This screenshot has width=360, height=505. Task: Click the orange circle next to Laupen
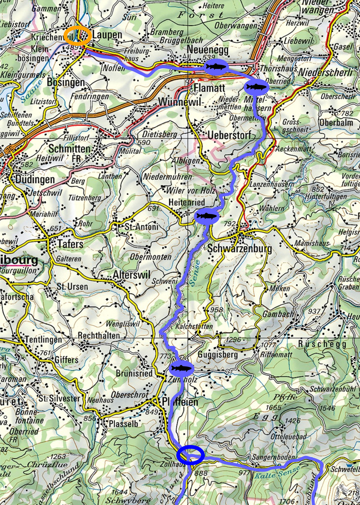(77, 36)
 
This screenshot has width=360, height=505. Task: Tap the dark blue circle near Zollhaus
(190, 455)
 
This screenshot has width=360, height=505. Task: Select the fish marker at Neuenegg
(216, 67)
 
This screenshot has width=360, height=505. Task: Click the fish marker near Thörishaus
(256, 87)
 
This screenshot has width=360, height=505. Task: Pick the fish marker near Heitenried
(207, 216)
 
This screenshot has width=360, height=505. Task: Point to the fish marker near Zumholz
(181, 368)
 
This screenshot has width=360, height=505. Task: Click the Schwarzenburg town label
(239, 248)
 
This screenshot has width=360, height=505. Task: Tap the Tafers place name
(70, 244)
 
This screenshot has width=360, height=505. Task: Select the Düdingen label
(35, 179)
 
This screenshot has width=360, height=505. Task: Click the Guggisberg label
(217, 355)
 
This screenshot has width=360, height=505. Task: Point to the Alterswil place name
(131, 275)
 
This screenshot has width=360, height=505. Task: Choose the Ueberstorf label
(229, 135)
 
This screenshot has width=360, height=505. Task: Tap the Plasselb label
(123, 424)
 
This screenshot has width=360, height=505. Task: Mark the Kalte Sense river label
(277, 473)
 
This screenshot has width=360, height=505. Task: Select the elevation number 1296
(233, 340)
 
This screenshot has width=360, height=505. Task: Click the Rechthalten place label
(99, 335)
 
